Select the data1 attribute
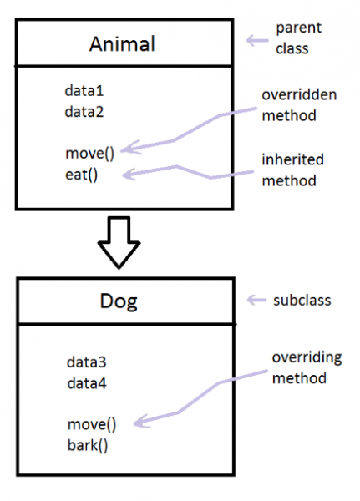(84, 90)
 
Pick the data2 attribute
(84, 109)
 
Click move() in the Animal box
(89, 153)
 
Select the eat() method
(82, 175)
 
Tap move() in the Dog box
(92, 424)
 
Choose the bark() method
(88, 444)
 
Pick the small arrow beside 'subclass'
(255, 299)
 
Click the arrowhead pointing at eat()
(130, 174)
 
